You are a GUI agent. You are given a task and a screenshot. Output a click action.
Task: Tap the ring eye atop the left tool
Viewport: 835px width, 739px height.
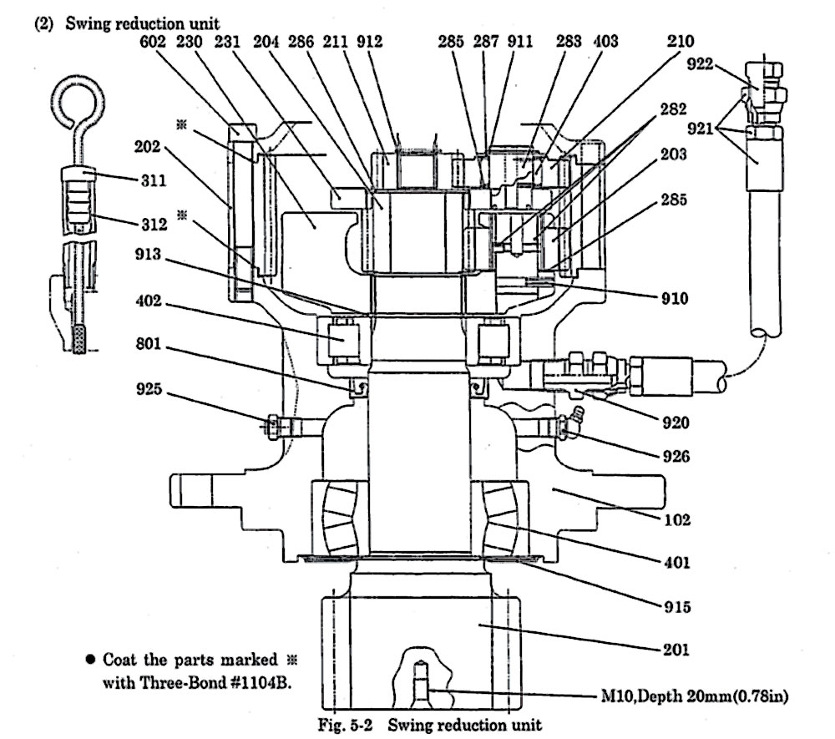pyautogui.click(x=71, y=99)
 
